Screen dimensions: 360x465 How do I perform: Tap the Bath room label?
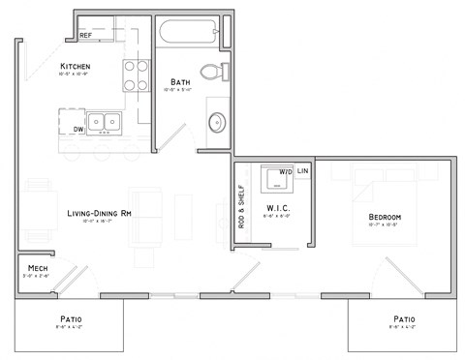pyautogui.click(x=179, y=82)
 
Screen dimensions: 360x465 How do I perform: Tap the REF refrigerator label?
pyautogui.click(x=86, y=36)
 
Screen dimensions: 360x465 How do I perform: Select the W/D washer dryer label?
pyautogui.click(x=285, y=172)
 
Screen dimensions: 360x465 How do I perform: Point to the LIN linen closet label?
pyautogui.click(x=303, y=172)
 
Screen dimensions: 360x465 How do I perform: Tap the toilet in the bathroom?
pyautogui.click(x=213, y=72)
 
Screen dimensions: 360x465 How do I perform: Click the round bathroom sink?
pyautogui.click(x=217, y=122)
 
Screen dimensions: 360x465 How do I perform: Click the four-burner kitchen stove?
pyautogui.click(x=135, y=75)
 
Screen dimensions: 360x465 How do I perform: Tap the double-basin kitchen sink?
pyautogui.click(x=109, y=123)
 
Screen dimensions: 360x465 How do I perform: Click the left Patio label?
pyautogui.click(x=69, y=318)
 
